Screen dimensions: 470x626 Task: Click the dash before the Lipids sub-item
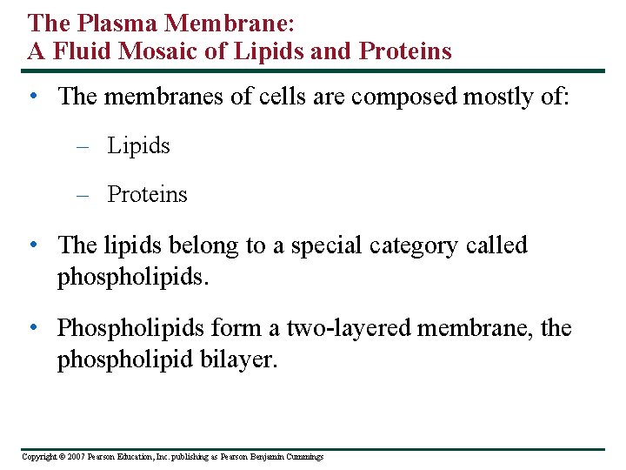[x=83, y=146]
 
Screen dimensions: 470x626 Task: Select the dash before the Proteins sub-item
[x=83, y=195]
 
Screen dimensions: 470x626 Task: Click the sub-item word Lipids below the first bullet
[x=138, y=146]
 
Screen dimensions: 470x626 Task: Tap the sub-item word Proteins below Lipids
[x=147, y=194]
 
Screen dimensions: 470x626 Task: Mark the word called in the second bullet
[x=498, y=245]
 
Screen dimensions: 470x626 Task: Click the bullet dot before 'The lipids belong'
[x=32, y=245]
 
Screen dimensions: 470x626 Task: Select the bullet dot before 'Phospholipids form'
[x=32, y=327]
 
